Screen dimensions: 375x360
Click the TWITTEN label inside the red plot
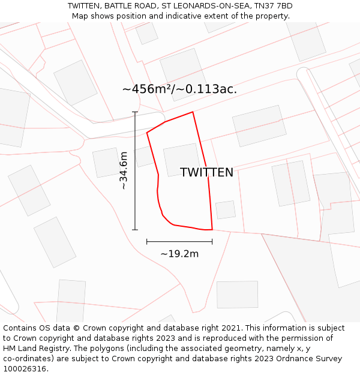coord(206,173)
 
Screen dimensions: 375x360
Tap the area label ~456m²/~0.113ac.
coord(179,89)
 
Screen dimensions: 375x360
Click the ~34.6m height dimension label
coord(123,171)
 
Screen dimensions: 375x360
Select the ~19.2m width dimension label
coord(179,254)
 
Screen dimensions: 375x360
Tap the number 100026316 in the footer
coord(25,369)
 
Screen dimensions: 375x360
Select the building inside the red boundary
coord(182,159)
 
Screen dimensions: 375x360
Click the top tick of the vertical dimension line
coord(135,112)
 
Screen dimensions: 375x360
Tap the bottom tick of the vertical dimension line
coord(135,230)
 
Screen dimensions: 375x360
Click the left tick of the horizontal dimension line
coord(147,242)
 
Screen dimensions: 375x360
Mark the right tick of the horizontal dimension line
coord(212,242)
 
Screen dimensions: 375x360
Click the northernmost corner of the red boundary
coord(193,112)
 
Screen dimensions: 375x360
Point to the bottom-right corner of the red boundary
coord(212,229)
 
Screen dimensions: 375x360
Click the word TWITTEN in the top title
coord(85,6)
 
